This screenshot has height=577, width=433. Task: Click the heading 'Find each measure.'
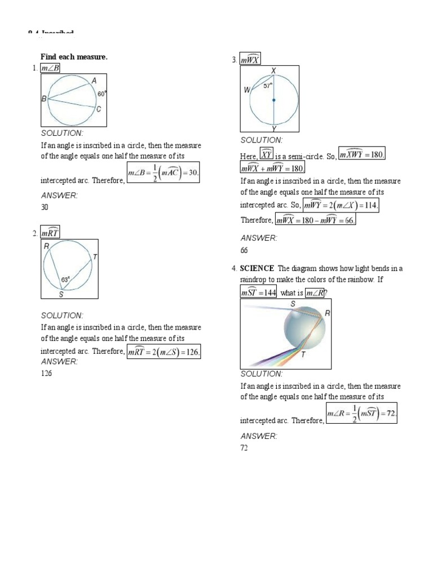73,57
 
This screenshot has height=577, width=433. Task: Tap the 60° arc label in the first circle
101,94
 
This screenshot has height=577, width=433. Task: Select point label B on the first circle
43,99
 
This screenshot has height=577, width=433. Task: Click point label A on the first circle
94,81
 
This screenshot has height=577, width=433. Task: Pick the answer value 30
45,207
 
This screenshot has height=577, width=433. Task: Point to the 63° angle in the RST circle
65,279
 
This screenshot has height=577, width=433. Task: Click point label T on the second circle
95,257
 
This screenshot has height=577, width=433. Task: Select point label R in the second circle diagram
46,246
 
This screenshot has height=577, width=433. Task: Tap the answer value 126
46,374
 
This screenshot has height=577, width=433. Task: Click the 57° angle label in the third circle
267,86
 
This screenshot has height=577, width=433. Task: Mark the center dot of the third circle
274,101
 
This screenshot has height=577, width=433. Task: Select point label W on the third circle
246,90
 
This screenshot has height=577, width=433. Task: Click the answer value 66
245,250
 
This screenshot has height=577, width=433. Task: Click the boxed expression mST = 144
258,293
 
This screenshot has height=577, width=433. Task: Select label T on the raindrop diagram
303,354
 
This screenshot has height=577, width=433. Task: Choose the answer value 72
245,448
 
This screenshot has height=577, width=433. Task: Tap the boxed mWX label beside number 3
250,59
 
